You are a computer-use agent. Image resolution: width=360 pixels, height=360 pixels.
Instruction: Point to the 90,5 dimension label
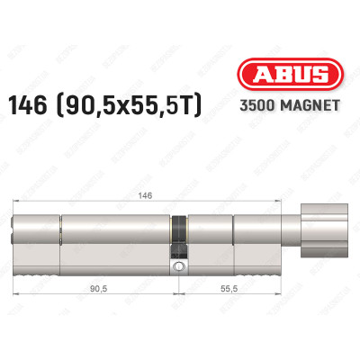pos(100,292)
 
